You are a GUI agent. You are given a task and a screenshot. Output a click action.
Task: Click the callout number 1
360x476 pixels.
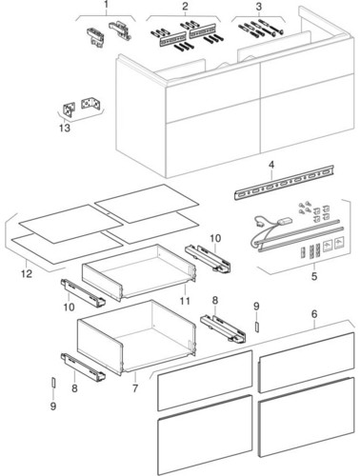(x=107, y=5)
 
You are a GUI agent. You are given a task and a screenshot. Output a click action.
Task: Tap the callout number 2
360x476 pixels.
(x=185, y=6)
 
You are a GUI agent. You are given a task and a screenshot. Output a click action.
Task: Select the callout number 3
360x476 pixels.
(x=259, y=6)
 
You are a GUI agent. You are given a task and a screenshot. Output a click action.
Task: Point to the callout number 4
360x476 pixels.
(x=271, y=165)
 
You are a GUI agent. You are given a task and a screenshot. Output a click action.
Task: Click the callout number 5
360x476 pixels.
(x=314, y=276)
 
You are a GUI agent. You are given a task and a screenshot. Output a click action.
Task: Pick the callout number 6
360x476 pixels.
(x=314, y=314)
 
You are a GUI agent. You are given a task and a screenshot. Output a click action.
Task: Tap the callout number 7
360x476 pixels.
(x=135, y=387)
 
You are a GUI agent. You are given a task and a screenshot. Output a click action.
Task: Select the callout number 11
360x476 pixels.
(x=185, y=301)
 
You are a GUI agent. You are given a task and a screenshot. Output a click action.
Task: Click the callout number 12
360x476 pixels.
(x=27, y=273)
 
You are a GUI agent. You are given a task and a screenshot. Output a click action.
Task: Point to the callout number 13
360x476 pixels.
(x=65, y=129)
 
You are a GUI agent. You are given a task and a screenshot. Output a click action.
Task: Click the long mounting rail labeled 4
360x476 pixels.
(x=285, y=182)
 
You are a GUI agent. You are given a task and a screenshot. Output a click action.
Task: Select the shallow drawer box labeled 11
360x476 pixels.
(x=139, y=272)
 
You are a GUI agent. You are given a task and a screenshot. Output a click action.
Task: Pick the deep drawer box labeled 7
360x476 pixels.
(x=136, y=337)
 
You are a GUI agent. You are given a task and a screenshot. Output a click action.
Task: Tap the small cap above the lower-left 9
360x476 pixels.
(x=53, y=383)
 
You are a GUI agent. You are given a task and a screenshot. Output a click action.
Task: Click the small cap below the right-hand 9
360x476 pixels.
(x=257, y=326)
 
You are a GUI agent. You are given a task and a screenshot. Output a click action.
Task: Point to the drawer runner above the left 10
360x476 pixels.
(x=83, y=292)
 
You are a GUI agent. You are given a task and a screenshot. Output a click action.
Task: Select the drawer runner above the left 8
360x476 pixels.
(x=83, y=367)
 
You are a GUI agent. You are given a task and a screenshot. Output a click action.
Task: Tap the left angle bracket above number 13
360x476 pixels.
(x=69, y=109)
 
